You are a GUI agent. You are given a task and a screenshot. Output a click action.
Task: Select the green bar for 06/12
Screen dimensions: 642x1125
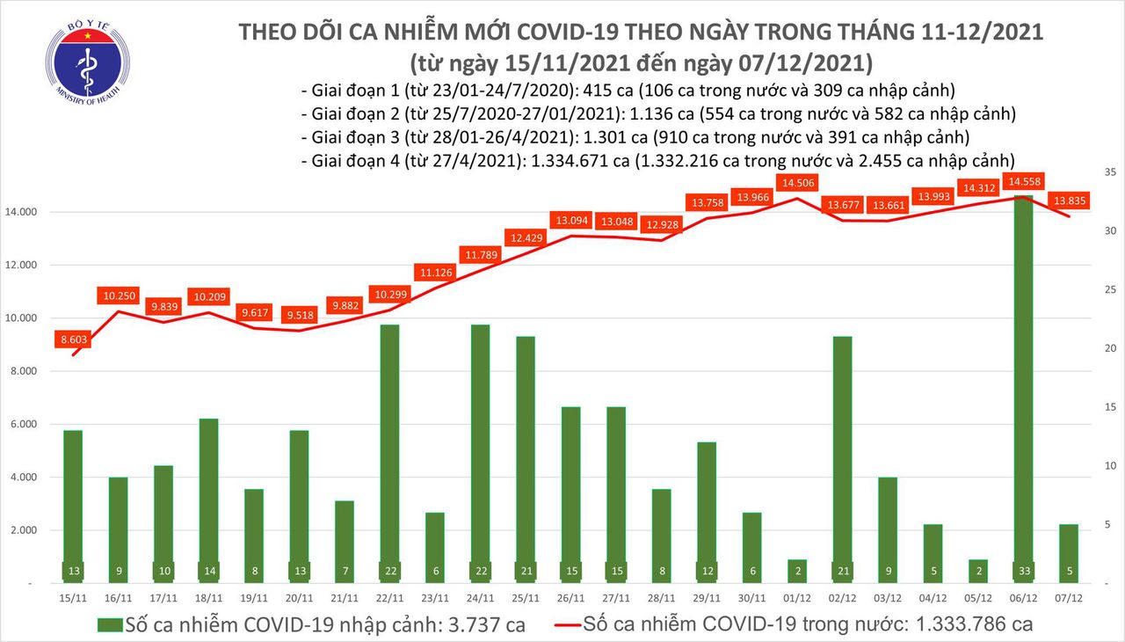[x=1022, y=387]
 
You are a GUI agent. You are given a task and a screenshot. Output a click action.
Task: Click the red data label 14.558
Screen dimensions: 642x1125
[x=1024, y=181]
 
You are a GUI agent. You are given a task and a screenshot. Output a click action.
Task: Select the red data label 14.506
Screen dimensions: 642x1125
[x=796, y=182]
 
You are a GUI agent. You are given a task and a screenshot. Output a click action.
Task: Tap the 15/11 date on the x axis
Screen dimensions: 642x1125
[x=74, y=597]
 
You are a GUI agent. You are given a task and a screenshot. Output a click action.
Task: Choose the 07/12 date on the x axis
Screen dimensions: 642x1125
[x=1068, y=597]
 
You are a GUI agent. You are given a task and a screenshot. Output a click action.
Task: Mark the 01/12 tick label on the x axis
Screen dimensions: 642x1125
[x=796, y=597]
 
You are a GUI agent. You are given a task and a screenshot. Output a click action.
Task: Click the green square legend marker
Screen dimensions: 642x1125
[x=111, y=625]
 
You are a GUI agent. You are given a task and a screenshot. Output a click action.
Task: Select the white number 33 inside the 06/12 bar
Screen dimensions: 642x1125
[x=1022, y=569]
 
